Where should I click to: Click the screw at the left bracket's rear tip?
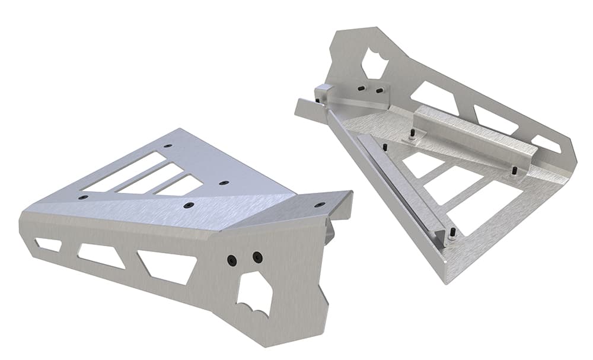(x=168, y=145)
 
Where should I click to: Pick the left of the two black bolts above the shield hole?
(x=232, y=260)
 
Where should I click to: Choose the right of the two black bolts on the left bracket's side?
(x=257, y=257)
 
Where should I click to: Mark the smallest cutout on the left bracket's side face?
(x=48, y=244)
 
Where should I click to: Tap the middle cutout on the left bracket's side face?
(x=101, y=255)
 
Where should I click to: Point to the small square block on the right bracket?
(x=324, y=93)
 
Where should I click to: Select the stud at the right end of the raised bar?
(x=513, y=171)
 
